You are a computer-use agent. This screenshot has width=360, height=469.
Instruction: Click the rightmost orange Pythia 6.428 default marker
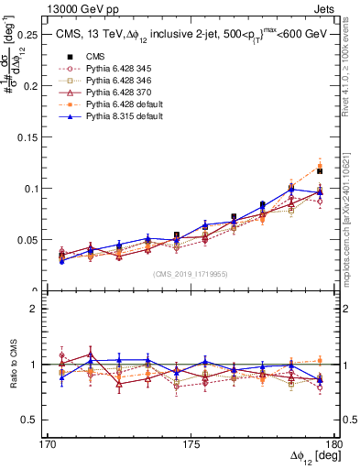click(320, 166)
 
